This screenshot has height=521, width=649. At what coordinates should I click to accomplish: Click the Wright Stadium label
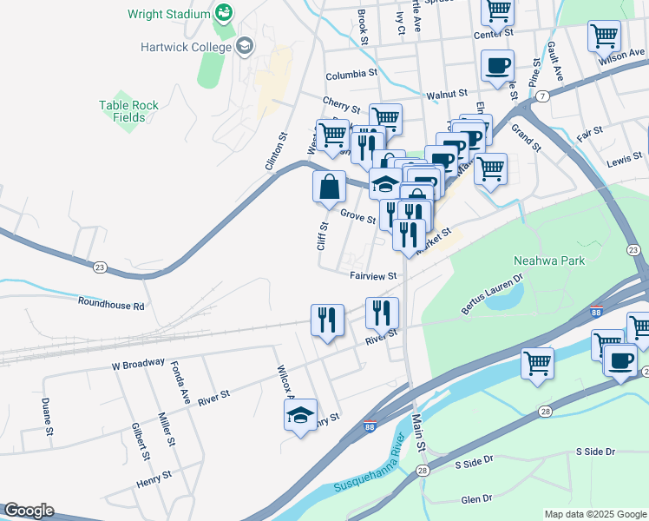(x=168, y=14)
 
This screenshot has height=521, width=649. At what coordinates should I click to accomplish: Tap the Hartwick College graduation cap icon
(x=245, y=45)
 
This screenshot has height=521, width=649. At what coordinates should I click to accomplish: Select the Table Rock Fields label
(x=128, y=111)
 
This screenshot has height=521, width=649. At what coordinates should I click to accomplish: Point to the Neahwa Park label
(x=549, y=260)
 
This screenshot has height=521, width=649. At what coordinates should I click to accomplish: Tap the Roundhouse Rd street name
(x=111, y=305)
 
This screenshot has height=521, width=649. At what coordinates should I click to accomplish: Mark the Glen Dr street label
(x=477, y=499)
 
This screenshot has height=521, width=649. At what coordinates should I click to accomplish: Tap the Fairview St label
(x=373, y=276)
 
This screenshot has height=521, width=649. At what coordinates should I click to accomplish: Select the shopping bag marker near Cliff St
(x=329, y=186)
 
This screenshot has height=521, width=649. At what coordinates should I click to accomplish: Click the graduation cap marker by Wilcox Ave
(x=300, y=415)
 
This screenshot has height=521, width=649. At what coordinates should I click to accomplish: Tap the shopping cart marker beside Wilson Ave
(x=604, y=37)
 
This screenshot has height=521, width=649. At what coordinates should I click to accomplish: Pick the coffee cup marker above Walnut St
(x=497, y=66)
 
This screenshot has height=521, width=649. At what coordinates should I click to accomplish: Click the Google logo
(x=29, y=511)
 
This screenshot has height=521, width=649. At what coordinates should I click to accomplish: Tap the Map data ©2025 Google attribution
(x=594, y=514)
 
